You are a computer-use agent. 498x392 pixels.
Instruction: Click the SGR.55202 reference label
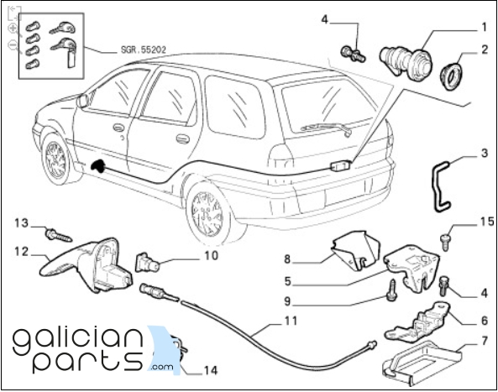click(144, 50)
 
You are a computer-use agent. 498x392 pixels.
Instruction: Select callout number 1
click(484, 28)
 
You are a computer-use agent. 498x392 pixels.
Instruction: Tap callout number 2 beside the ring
click(485, 50)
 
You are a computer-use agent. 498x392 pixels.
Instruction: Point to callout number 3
click(484, 154)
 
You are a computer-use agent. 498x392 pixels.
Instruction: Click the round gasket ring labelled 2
click(451, 76)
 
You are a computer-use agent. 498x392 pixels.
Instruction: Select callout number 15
click(487, 222)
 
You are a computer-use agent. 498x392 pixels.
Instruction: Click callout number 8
click(287, 259)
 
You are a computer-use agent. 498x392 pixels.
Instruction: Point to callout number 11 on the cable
click(291, 321)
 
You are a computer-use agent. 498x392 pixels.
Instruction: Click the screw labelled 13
click(59, 235)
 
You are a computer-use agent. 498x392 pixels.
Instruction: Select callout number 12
click(22, 252)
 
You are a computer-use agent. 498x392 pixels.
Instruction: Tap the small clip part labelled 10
click(147, 263)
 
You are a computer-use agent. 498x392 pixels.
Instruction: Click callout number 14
click(211, 370)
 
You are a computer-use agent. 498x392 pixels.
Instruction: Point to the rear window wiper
click(327, 128)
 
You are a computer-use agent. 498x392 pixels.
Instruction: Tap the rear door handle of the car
click(182, 139)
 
